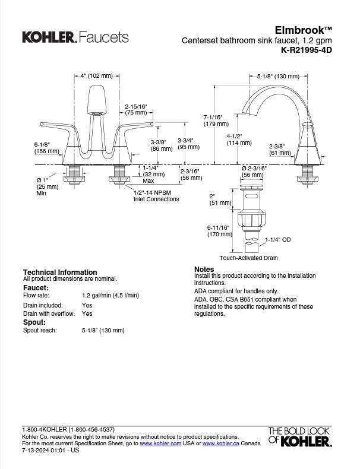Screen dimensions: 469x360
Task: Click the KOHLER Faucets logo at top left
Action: (x=75, y=37)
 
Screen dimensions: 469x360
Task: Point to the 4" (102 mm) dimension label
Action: (x=96, y=75)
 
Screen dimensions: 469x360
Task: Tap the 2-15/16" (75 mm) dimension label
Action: (x=135, y=109)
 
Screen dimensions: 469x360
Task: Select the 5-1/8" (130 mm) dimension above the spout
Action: (x=277, y=76)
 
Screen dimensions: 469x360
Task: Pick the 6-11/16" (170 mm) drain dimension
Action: (x=219, y=231)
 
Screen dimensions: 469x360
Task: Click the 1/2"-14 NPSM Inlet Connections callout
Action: (x=156, y=196)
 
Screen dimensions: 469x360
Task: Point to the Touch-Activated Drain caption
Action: (x=248, y=258)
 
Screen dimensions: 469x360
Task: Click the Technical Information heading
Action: (x=59, y=272)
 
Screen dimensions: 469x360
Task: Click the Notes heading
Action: (x=204, y=269)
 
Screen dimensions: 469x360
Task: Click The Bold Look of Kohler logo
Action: (x=299, y=436)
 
